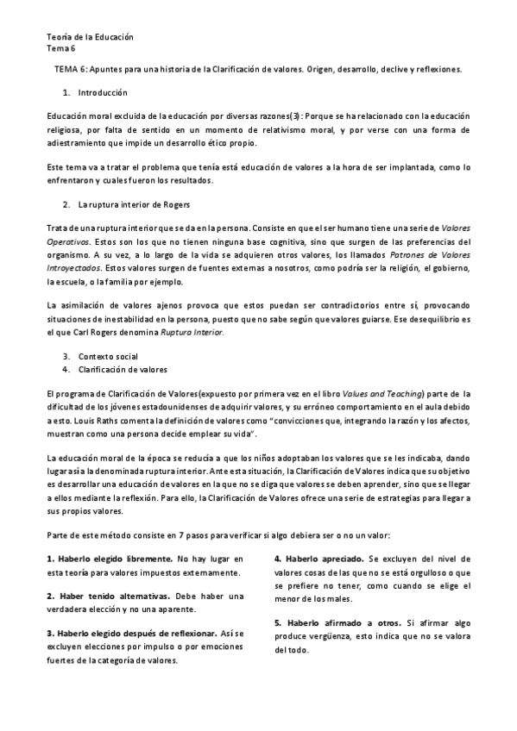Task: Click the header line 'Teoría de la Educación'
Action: (x=90, y=37)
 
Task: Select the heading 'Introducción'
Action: (x=102, y=91)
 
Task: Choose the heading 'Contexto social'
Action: (x=107, y=355)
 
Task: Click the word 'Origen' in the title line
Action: (x=321, y=67)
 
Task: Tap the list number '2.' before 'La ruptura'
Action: (x=67, y=204)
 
